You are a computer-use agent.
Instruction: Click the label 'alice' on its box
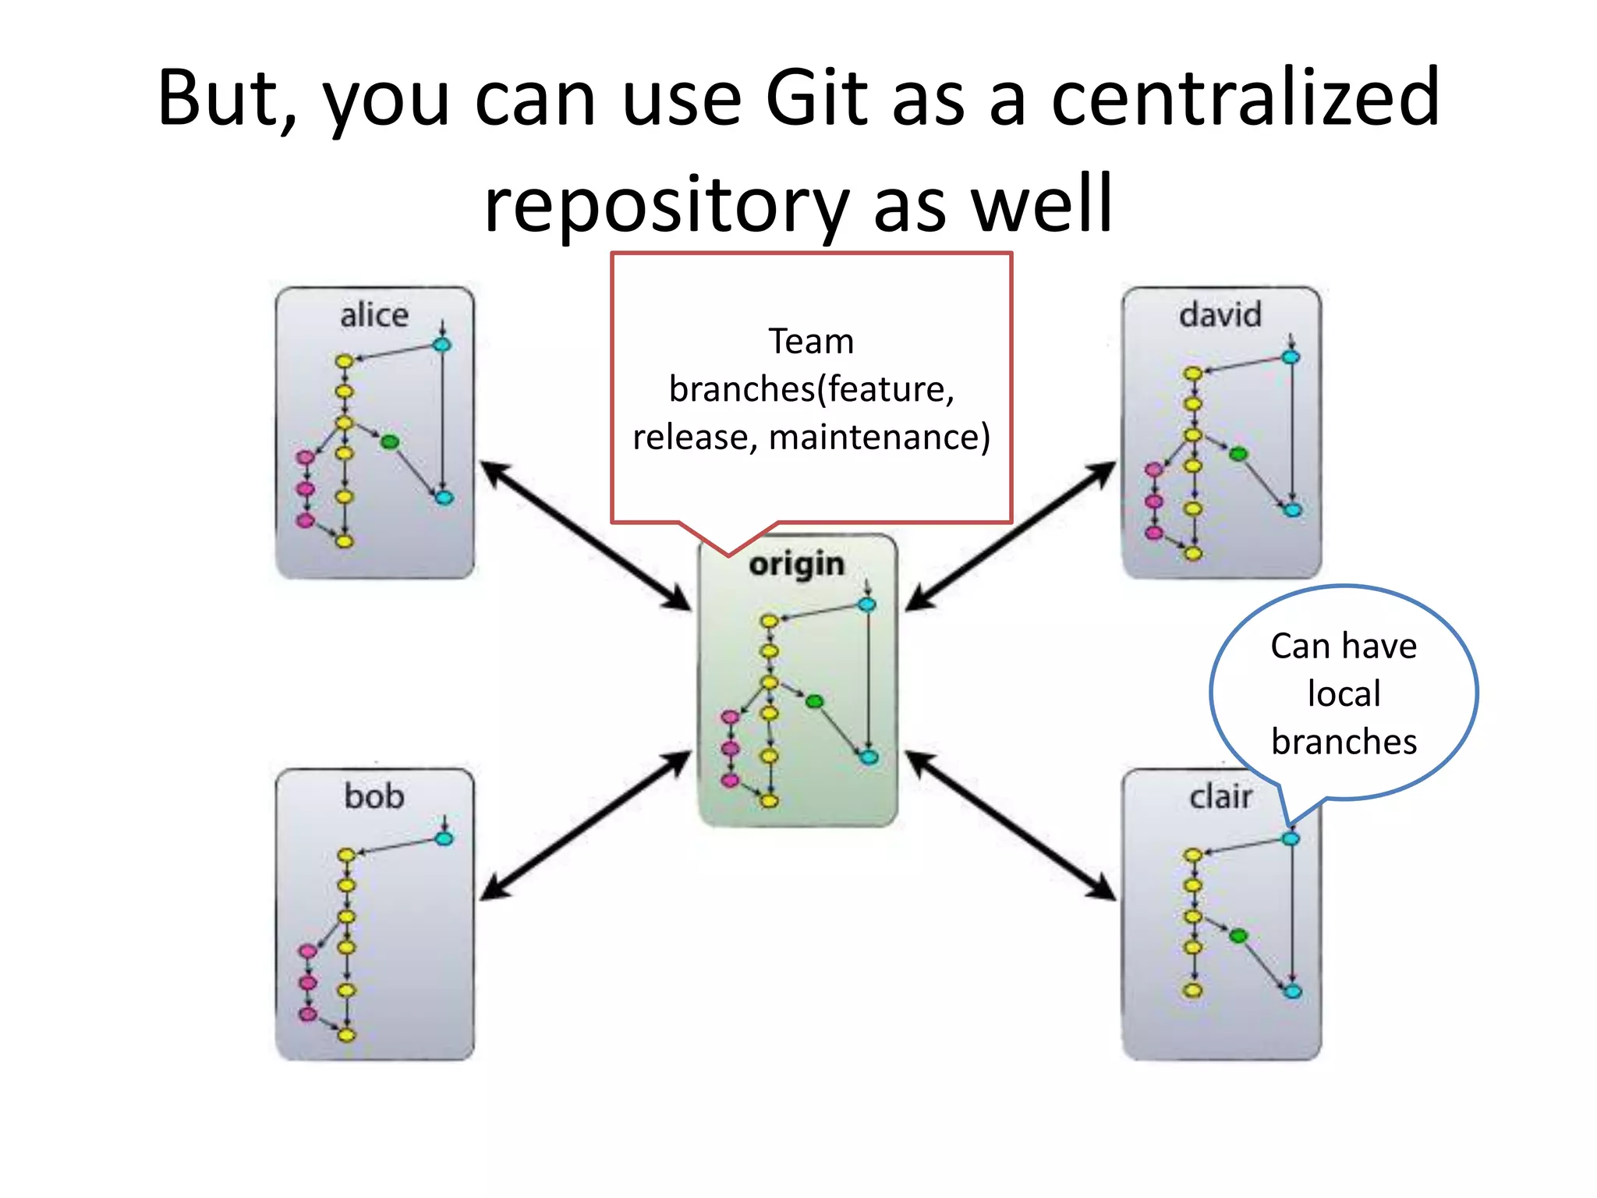(x=374, y=316)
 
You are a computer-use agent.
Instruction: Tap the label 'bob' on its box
(x=374, y=797)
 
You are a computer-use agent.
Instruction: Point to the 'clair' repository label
(x=1220, y=797)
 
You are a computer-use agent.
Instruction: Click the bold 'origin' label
(x=796, y=565)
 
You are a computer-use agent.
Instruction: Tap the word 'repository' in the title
(x=666, y=204)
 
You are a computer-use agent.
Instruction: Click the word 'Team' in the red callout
(x=811, y=342)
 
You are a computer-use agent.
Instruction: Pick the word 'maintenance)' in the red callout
(x=880, y=437)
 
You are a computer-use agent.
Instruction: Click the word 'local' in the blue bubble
(x=1344, y=693)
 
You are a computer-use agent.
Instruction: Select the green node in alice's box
(x=390, y=442)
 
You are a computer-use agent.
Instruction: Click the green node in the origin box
(x=814, y=702)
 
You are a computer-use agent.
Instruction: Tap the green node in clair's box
(x=1238, y=935)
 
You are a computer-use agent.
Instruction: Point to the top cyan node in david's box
(x=1291, y=357)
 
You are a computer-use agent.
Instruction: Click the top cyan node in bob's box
(x=444, y=839)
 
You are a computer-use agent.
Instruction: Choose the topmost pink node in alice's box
(x=306, y=456)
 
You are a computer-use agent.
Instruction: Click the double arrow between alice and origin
(x=585, y=536)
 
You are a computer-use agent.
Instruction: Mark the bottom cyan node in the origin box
(x=868, y=757)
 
